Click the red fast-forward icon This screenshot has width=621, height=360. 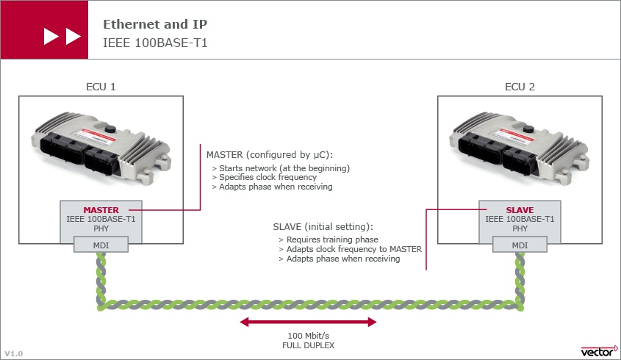(x=62, y=36)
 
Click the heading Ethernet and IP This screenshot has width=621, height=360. (x=155, y=24)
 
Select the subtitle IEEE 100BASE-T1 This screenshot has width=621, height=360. (x=155, y=43)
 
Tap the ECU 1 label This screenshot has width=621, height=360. (x=101, y=87)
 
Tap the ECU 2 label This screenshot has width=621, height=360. (x=520, y=87)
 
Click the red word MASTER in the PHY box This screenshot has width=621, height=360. (x=101, y=210)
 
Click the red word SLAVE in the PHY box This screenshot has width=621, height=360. (x=520, y=210)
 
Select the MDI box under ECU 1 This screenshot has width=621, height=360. (x=101, y=245)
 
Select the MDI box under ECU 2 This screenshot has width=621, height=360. (x=520, y=245)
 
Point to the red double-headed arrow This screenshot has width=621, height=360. (x=308, y=322)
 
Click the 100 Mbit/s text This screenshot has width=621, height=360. (x=308, y=336)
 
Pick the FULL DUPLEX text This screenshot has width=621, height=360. (x=308, y=345)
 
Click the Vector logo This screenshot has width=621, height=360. (x=599, y=350)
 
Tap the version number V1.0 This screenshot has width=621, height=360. (x=14, y=353)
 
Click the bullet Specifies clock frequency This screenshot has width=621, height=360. (x=264, y=177)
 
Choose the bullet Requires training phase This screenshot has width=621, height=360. (x=329, y=240)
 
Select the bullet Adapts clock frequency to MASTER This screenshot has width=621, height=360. (x=350, y=249)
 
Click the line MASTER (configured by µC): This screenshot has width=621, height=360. (x=270, y=155)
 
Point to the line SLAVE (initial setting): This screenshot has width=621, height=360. (x=323, y=227)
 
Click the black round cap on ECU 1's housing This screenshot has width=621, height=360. (x=110, y=129)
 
